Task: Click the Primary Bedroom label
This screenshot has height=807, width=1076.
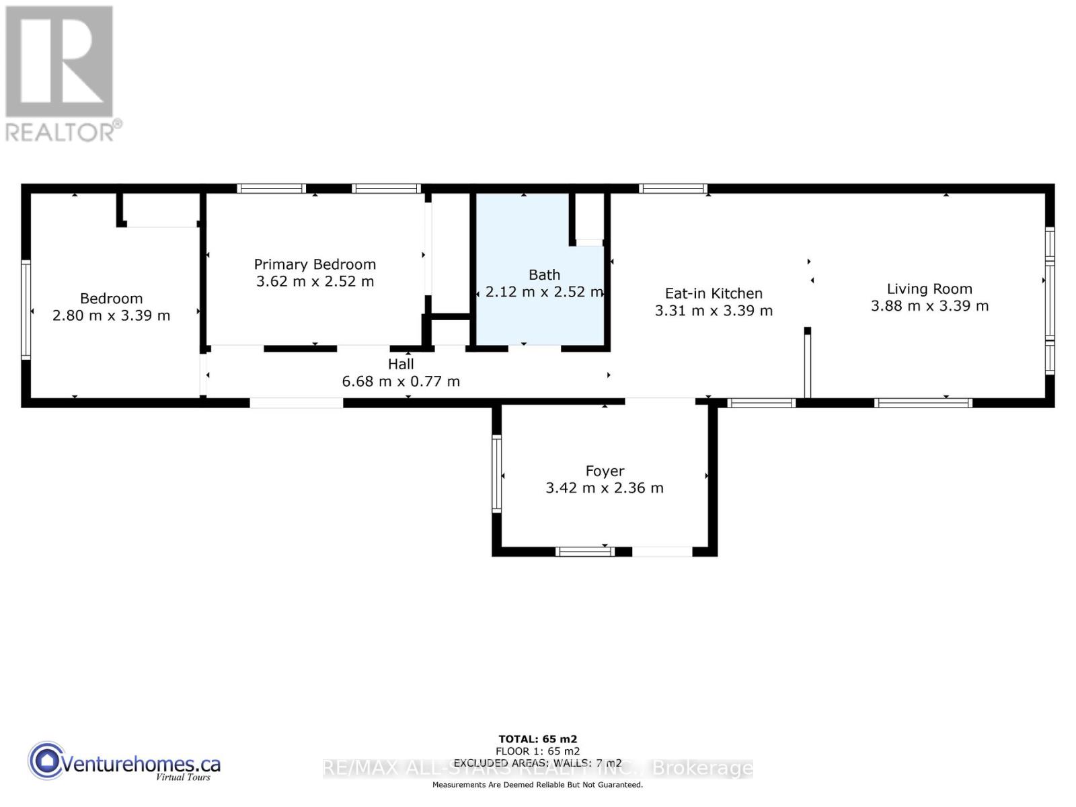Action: point(315,264)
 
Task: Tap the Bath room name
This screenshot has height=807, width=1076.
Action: point(544,274)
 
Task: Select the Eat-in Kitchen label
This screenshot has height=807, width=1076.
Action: point(714,293)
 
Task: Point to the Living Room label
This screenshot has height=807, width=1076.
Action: point(929,289)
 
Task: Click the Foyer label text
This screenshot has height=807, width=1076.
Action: point(605,471)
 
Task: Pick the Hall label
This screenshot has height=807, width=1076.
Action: point(401,364)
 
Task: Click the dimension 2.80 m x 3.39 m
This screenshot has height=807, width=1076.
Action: point(112,315)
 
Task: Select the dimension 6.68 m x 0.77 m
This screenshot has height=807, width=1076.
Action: point(401,381)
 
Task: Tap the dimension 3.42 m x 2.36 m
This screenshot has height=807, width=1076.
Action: point(605,488)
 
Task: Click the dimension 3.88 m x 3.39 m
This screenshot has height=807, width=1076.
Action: point(929,306)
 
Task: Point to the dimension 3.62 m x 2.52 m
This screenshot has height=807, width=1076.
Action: point(315,281)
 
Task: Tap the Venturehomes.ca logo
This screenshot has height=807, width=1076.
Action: point(124,763)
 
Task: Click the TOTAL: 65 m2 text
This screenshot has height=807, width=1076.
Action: point(537,739)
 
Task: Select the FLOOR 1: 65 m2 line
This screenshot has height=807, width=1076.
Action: point(537,751)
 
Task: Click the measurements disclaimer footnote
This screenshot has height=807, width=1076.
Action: point(537,785)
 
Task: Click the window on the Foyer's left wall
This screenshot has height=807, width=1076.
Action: point(497,473)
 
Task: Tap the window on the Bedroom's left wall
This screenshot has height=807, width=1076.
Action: point(26,309)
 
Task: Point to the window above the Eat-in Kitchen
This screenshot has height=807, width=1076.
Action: point(672,189)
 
